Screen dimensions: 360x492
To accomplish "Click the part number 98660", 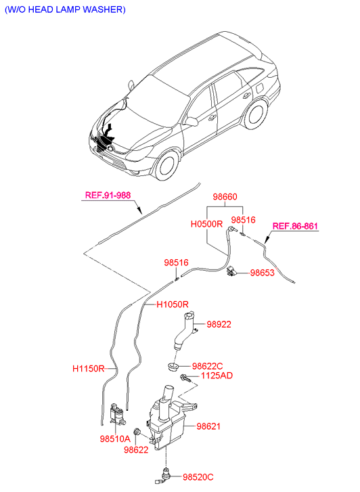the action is (225, 197).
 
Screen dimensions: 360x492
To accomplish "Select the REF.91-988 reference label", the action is (108, 195).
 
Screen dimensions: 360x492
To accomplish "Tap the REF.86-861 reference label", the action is (295, 226).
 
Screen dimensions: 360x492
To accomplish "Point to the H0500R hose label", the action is (206, 224).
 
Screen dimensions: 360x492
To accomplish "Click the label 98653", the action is (262, 273).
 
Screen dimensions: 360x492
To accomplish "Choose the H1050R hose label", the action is (173, 305).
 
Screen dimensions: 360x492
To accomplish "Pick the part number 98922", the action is (219, 324).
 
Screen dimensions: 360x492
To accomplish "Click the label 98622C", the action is (208, 366).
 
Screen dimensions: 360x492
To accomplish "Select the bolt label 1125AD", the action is (217, 376).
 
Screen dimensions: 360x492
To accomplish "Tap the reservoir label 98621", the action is (208, 426).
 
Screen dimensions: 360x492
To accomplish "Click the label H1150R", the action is (88, 368).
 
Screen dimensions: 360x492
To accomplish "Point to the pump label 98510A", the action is (115, 439).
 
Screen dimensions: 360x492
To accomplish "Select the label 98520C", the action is (198, 477).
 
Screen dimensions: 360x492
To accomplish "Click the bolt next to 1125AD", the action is (185, 378).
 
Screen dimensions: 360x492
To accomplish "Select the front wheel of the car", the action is (168, 165).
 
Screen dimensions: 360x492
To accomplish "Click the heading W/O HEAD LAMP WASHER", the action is (65, 9).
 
